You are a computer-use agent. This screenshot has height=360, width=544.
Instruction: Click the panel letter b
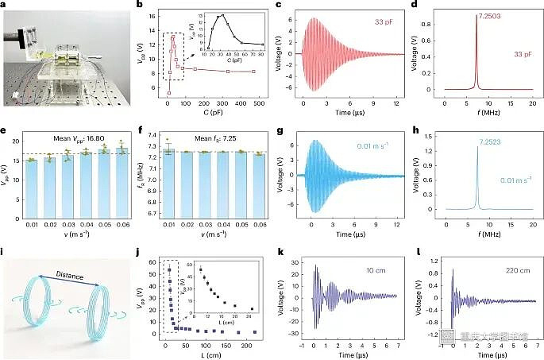coord(141,7)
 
